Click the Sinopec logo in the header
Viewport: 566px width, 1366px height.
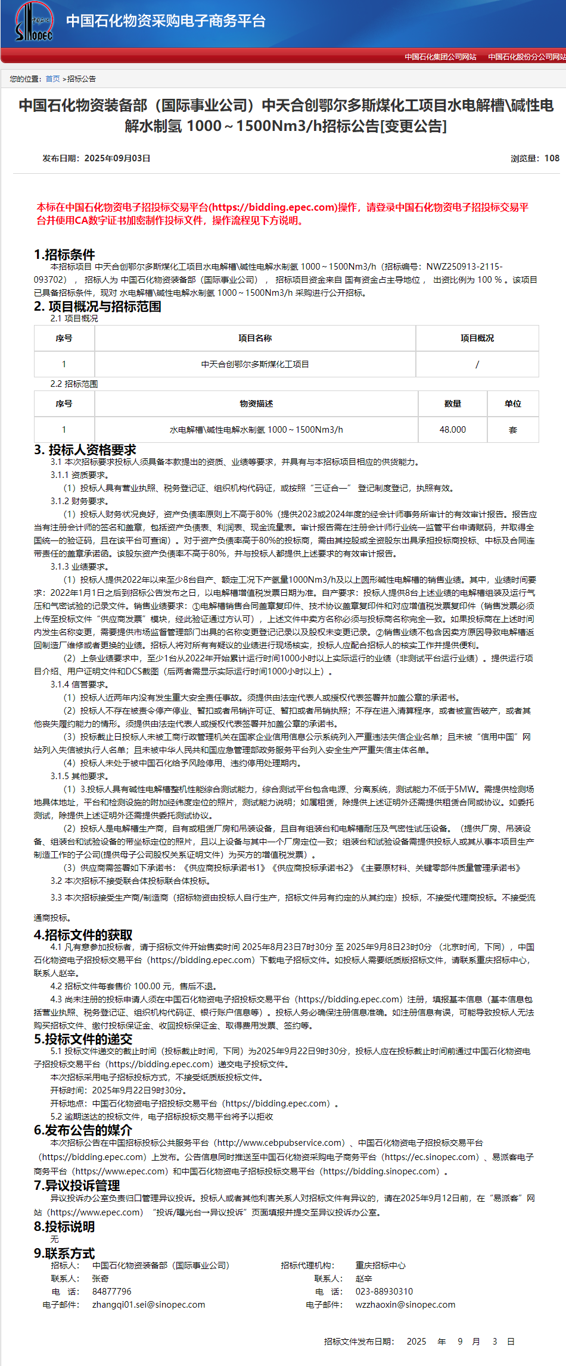coord(34,22)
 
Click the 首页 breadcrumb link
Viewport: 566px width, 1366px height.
coord(52,79)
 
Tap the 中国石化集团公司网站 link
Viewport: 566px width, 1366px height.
coord(440,57)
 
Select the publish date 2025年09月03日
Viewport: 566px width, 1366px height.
coord(117,158)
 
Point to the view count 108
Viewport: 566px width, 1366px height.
coord(552,158)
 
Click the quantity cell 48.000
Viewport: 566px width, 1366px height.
coord(452,430)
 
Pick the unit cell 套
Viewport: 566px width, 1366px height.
coord(512,430)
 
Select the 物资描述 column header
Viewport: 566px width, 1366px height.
coord(256,404)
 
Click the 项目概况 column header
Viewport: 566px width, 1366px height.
coord(477,338)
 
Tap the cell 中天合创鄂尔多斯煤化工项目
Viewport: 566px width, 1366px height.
coord(255,364)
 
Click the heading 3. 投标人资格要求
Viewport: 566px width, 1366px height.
coord(85,450)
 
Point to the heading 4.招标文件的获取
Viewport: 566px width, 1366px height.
coord(83,935)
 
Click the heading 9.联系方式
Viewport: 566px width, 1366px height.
coord(64,1254)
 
